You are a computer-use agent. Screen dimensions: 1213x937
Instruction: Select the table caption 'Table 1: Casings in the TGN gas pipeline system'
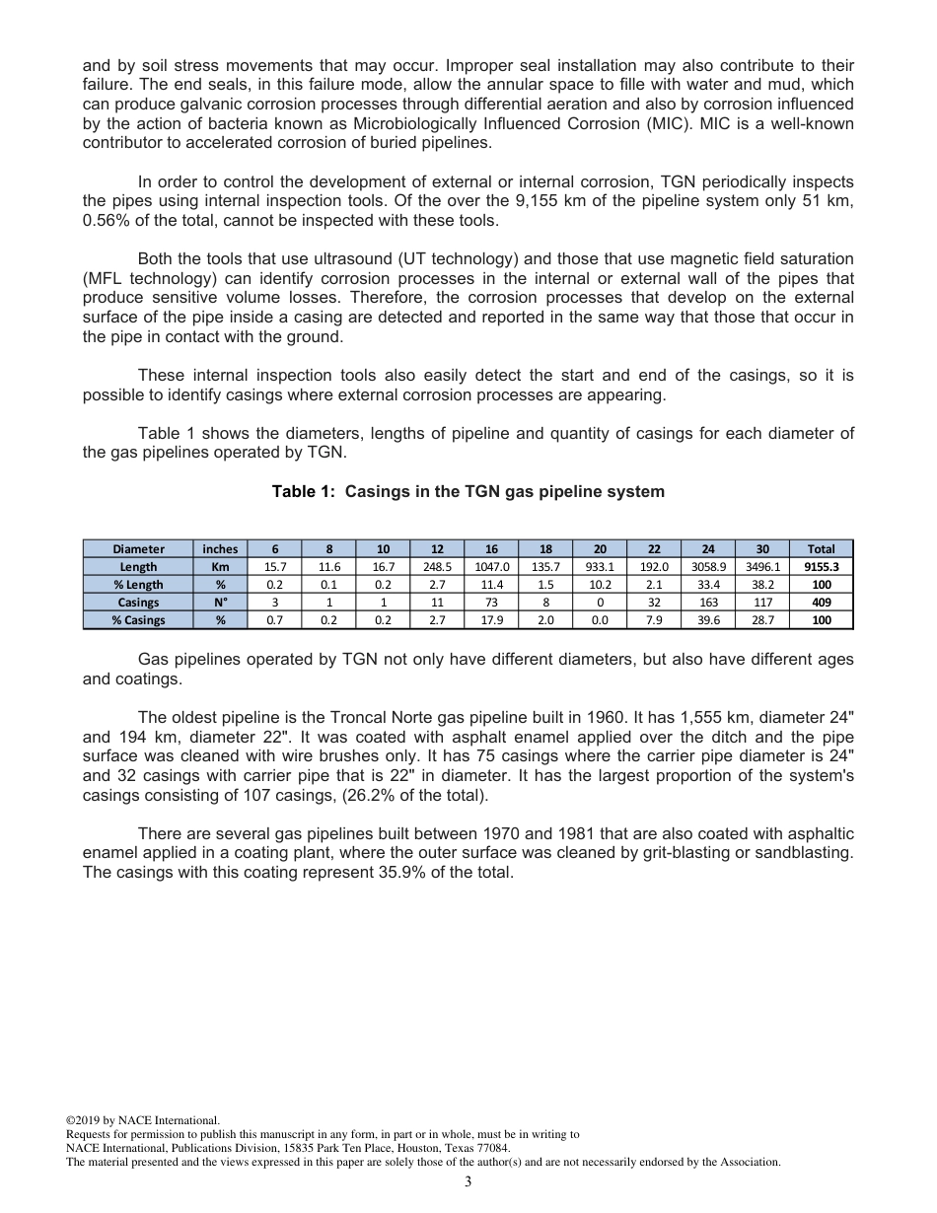tap(468, 491)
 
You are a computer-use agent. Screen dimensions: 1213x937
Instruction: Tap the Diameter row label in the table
tap(138, 549)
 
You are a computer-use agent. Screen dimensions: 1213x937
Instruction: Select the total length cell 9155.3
tap(821, 567)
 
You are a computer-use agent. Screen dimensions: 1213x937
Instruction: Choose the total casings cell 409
tap(821, 603)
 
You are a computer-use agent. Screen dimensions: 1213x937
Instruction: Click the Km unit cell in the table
tap(220, 567)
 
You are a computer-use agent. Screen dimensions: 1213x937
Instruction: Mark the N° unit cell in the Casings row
tap(220, 603)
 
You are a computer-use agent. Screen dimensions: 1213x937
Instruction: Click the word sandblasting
tap(801, 853)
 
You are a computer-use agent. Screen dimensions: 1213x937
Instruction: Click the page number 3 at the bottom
tap(468, 1182)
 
